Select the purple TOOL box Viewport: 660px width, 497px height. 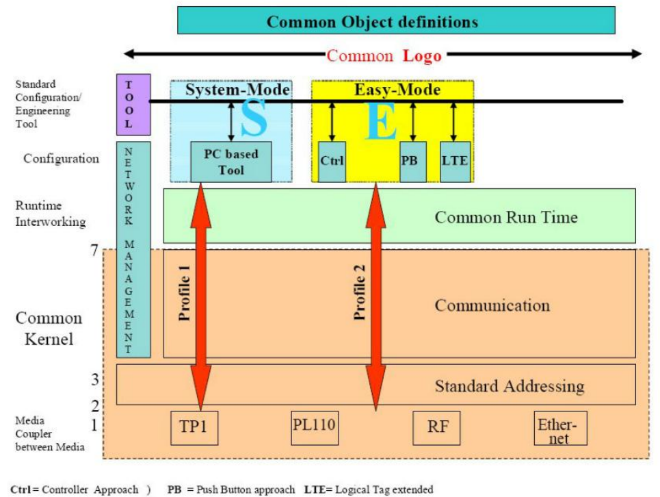click(x=128, y=105)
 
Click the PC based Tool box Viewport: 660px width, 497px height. click(x=231, y=162)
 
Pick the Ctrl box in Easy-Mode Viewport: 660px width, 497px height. click(x=332, y=162)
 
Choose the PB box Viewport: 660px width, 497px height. click(x=413, y=162)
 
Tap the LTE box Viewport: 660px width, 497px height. click(x=454, y=162)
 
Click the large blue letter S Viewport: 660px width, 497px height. click(x=253, y=120)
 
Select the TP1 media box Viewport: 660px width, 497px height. click(x=194, y=427)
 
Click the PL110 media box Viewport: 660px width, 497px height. click(x=315, y=424)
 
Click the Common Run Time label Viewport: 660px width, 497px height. click(x=506, y=218)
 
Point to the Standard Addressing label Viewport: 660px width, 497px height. click(x=510, y=386)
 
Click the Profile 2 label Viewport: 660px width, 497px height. click(x=360, y=292)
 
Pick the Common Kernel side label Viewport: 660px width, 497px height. click(x=49, y=328)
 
